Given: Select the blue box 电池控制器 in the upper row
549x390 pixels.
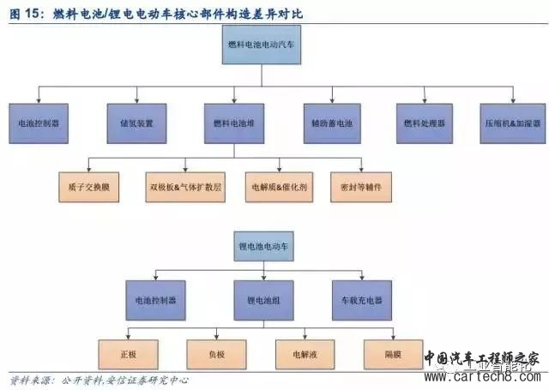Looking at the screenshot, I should [38, 123].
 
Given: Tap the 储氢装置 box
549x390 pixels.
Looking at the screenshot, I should [136, 123].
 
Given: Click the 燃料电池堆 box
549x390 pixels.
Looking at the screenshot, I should [234, 123].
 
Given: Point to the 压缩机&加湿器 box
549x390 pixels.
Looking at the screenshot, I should [513, 123].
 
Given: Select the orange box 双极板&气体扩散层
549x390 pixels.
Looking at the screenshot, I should [186, 186].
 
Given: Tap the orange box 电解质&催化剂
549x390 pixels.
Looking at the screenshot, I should [274, 186].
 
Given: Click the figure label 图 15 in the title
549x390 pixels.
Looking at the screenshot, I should [26, 15].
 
